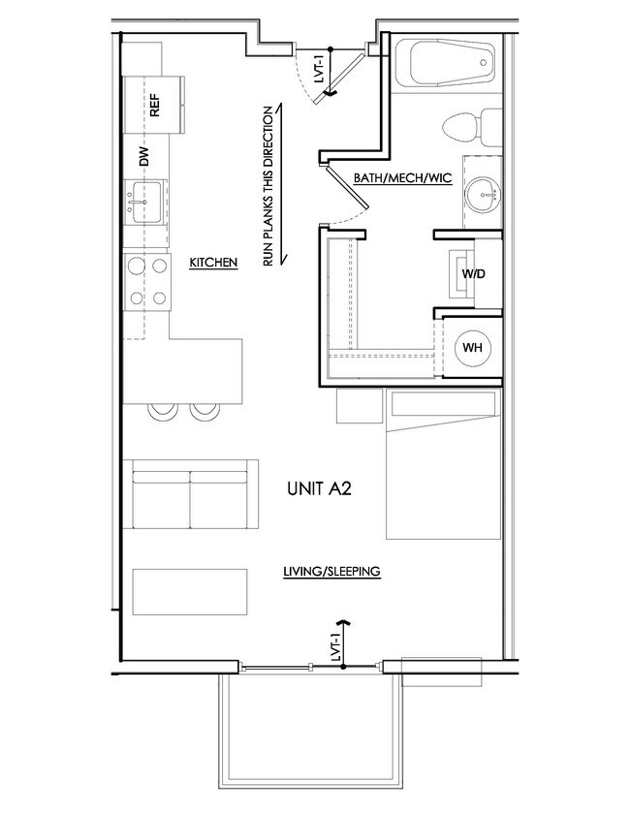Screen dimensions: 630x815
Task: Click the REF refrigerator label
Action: click(154, 105)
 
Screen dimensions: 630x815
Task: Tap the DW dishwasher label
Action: click(144, 156)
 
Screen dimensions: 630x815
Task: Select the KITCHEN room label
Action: click(213, 263)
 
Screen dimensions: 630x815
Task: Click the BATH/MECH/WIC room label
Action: click(403, 178)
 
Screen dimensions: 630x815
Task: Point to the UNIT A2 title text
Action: click(319, 488)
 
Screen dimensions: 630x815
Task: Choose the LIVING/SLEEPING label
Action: click(331, 571)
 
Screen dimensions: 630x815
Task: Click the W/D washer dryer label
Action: click(474, 273)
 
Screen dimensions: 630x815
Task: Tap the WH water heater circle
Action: click(472, 347)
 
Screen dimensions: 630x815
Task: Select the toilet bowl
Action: click(461, 127)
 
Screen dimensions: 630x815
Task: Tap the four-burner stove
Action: click(147, 282)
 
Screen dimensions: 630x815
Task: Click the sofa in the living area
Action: click(190, 494)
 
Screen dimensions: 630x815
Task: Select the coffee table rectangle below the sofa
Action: click(190, 591)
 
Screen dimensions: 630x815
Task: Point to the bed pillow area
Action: click(443, 404)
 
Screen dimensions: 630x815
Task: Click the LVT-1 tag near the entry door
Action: click(319, 69)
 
